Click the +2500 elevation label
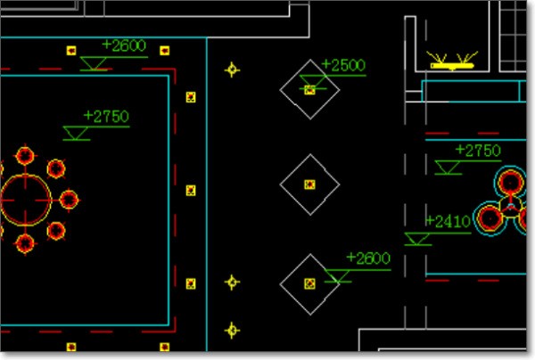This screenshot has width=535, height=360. coord(343,66)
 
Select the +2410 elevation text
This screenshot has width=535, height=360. coord(448,221)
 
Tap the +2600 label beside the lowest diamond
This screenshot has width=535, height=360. coord(368,258)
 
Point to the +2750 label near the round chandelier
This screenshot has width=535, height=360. coord(106,116)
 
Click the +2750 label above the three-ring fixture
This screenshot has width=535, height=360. coord(478,151)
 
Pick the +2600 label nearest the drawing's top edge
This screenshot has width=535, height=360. coord(124,45)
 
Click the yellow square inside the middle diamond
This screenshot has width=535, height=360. coord(309,184)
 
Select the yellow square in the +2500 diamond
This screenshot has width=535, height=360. coord(309,89)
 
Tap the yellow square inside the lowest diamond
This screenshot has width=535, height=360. coord(309,283)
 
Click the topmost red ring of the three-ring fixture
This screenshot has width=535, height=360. coord(510,182)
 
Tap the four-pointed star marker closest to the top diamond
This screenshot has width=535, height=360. coord(233,69)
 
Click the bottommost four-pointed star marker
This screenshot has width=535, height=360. coord(233,331)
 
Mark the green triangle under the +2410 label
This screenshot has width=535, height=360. coord(415,238)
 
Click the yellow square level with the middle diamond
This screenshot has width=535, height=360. coord(190,190)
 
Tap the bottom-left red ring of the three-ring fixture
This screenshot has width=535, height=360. coord(489,217)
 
